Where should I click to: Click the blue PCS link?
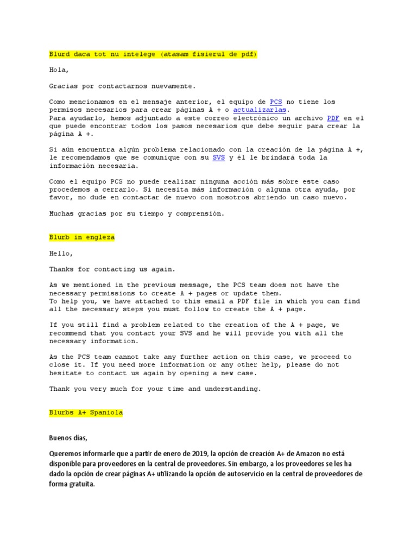(276, 102)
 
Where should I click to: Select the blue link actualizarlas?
(260, 110)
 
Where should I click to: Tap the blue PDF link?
(332, 118)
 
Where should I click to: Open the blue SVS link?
(218, 157)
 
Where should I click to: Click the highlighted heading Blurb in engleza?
(82, 237)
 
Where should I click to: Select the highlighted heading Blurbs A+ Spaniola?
(86, 412)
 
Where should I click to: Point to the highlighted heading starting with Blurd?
(153, 54)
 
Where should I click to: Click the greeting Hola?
(59, 70)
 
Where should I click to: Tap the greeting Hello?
(61, 253)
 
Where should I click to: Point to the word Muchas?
(61, 213)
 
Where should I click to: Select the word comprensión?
(199, 213)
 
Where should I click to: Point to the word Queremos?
(66, 453)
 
